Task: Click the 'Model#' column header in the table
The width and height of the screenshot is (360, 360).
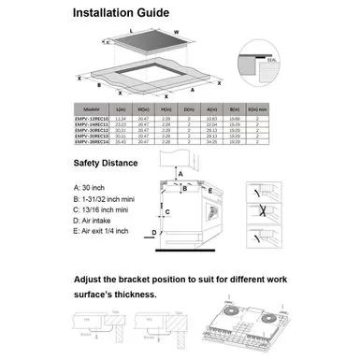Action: pyautogui.click(x=91, y=108)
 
